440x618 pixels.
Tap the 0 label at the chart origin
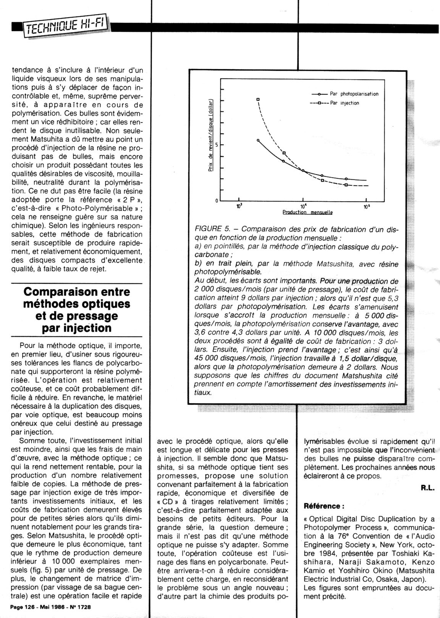[x=217, y=201]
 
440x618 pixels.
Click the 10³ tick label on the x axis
[x=239, y=207]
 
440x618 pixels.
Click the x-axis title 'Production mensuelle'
[x=307, y=212]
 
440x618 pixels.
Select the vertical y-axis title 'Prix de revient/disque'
[x=210, y=136]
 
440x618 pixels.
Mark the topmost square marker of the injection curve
[x=258, y=99]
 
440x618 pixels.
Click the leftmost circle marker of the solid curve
[x=258, y=140]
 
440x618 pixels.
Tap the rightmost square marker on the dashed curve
[x=346, y=185]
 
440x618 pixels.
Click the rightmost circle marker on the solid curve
[x=346, y=179]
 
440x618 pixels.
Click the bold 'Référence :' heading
[x=324, y=506]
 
